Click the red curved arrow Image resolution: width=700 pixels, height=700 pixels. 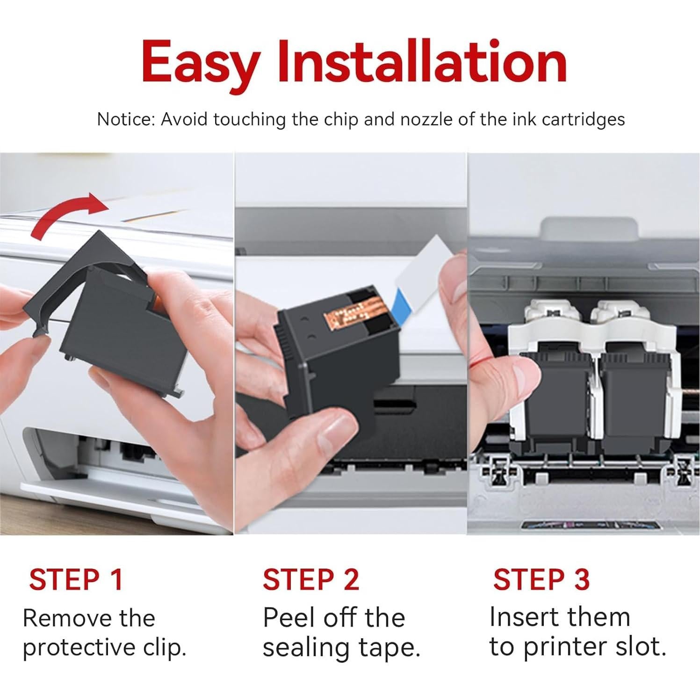pyautogui.click(x=65, y=212)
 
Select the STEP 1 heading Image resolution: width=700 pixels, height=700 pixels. pyautogui.click(x=76, y=579)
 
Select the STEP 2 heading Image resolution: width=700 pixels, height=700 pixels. pyautogui.click(x=310, y=579)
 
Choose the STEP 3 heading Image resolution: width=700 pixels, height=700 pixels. pyautogui.click(x=541, y=579)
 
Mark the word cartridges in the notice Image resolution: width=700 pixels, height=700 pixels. pyautogui.click(x=583, y=120)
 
